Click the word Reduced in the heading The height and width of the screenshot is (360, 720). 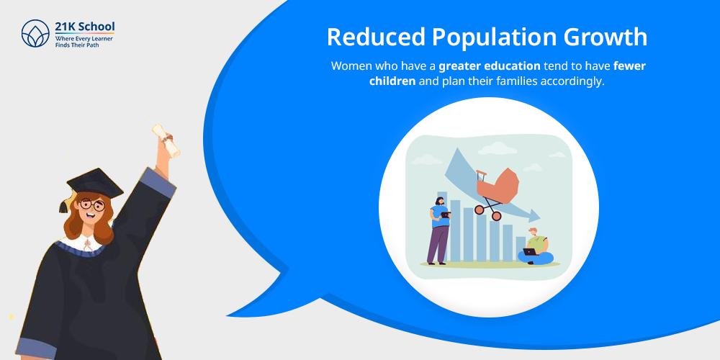click(x=374, y=37)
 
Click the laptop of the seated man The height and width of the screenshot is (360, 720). click(x=530, y=251)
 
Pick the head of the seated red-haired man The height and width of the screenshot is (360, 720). click(x=532, y=232)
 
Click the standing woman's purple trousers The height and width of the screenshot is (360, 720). click(x=437, y=244)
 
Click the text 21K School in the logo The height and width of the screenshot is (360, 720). click(x=84, y=27)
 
